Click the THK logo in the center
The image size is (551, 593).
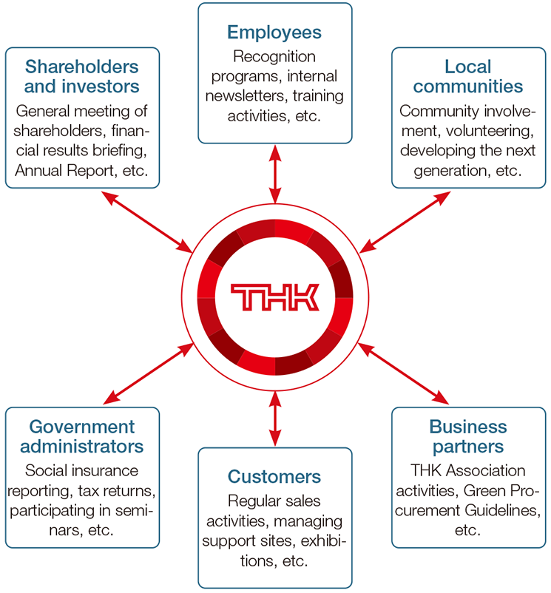tap(274, 296)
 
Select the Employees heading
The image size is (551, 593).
tap(274, 33)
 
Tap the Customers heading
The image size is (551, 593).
tap(274, 476)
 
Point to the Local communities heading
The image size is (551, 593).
tap(468, 77)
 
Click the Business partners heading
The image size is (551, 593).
tap(468, 437)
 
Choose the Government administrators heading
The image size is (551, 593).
tap(82, 437)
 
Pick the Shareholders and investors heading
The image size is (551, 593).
tap(82, 77)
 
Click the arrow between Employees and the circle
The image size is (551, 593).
tap(275, 174)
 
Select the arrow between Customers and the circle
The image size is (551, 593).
tap(275, 419)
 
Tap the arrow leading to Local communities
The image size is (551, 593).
tap(409, 220)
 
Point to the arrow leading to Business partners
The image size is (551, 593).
tap(409, 374)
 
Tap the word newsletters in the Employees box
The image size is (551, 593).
tap(244, 95)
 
